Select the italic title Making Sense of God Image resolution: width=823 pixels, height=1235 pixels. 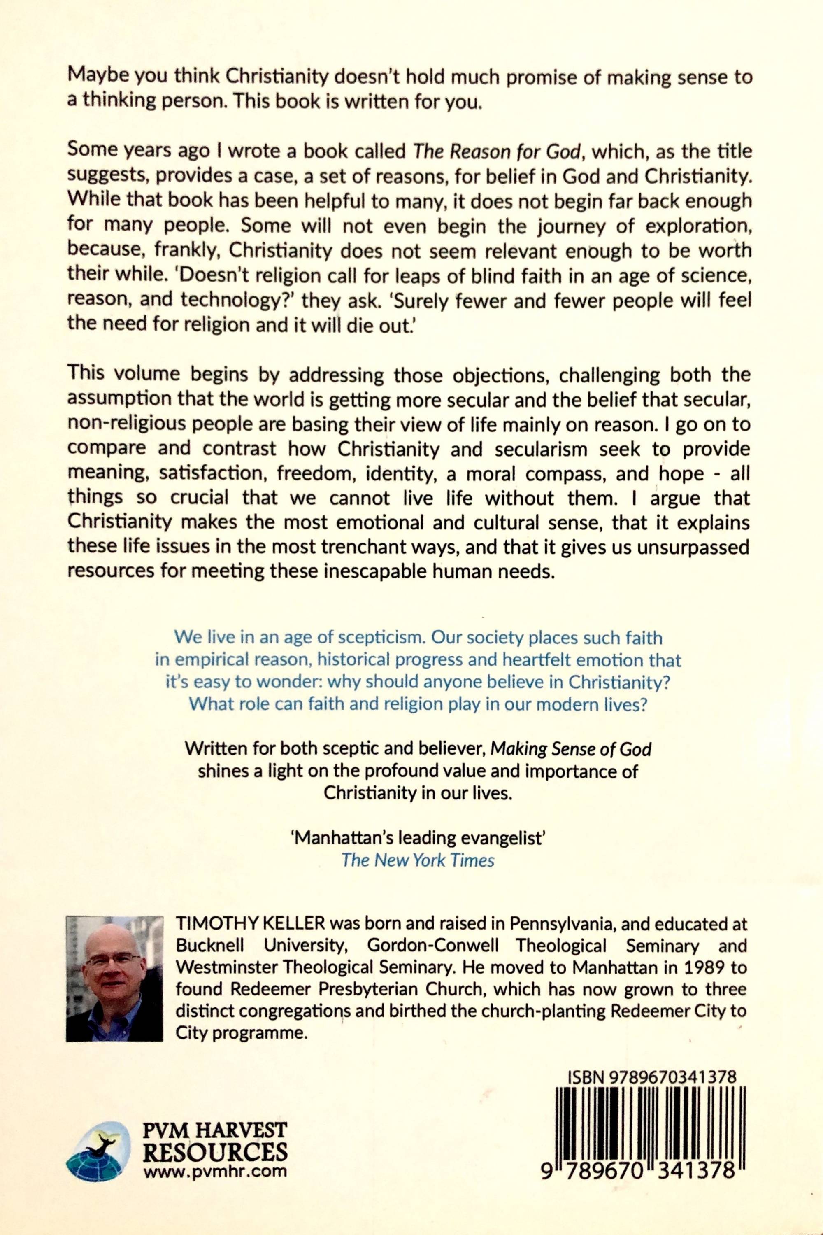tap(570, 749)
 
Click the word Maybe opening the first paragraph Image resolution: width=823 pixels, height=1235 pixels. tap(96, 77)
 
